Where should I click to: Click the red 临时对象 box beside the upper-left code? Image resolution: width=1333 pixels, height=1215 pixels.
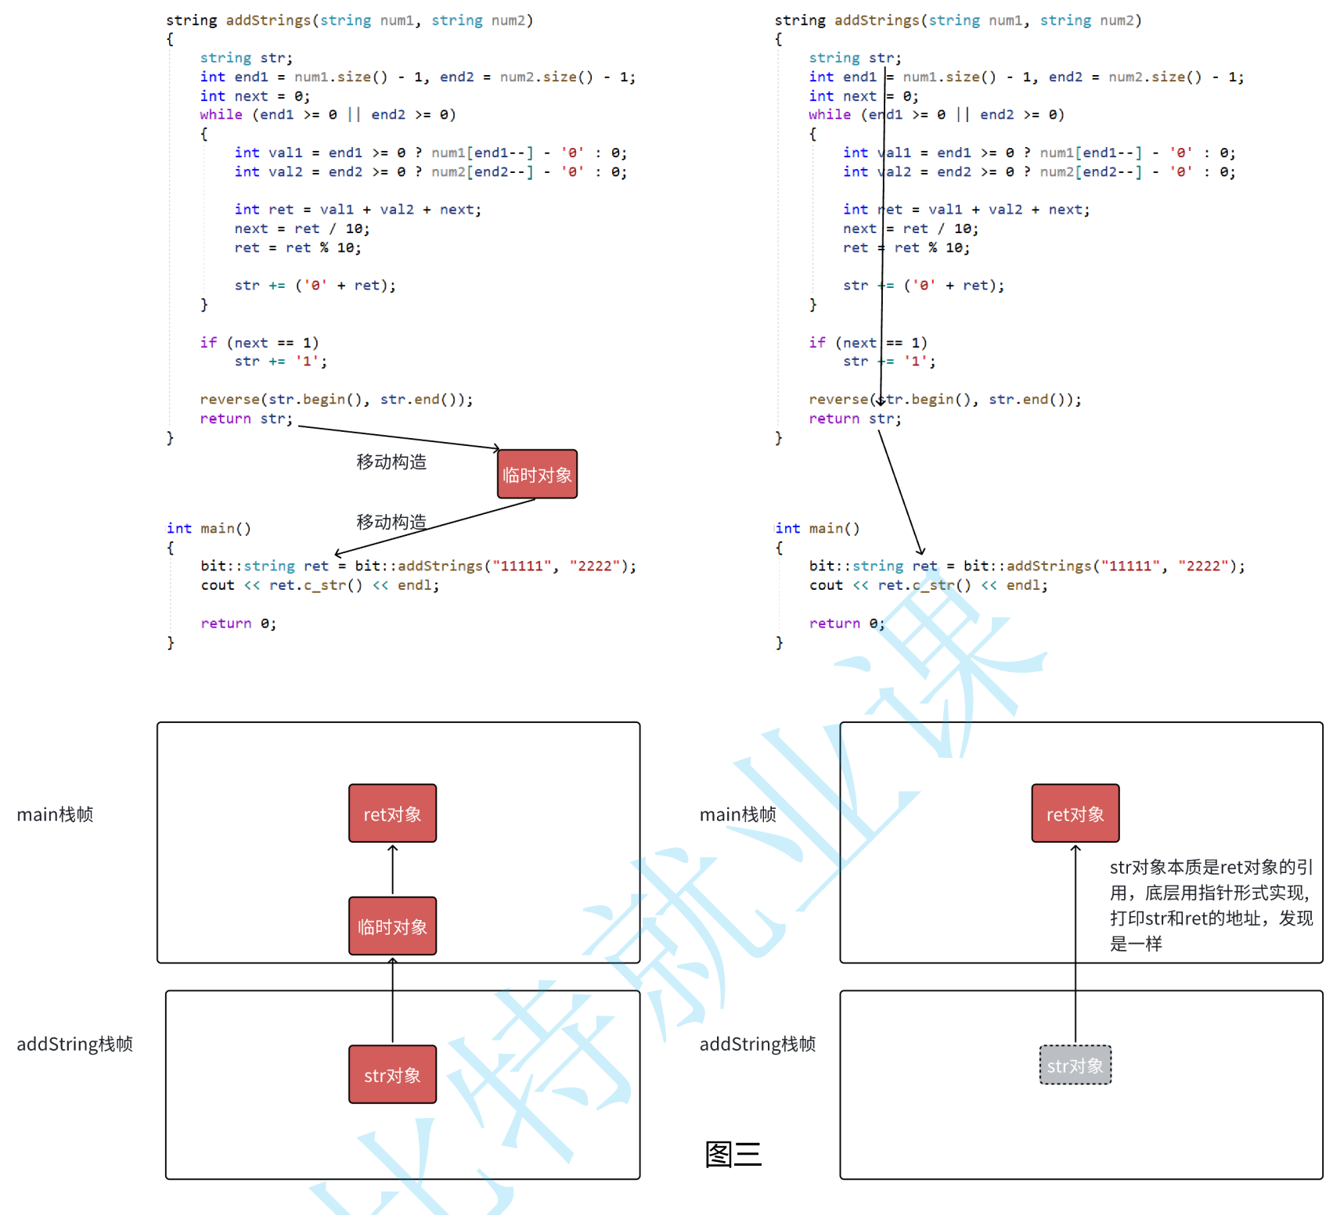pos(537,474)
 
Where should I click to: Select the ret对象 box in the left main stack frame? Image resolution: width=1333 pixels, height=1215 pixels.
pos(392,814)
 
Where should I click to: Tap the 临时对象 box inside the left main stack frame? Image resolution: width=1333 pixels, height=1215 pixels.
pos(392,926)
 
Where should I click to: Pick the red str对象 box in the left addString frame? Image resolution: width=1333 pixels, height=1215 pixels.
pos(392,1075)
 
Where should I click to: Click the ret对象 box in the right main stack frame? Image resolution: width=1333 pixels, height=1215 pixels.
pos(1075,814)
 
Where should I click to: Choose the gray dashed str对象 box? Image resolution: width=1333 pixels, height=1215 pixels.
pos(1075,1066)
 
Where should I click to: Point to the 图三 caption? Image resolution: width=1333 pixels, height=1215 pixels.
pos(733,1154)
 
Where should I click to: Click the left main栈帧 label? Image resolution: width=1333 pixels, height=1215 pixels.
pos(55,814)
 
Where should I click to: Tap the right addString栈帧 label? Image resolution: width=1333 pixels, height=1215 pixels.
pos(758,1044)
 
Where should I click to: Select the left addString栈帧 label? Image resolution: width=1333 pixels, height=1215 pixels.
pos(75,1044)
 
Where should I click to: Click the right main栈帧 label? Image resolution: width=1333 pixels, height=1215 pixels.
pos(738,814)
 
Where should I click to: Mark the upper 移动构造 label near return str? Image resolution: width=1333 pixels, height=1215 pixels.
pos(391,462)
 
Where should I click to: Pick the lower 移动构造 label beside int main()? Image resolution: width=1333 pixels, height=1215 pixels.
pos(391,522)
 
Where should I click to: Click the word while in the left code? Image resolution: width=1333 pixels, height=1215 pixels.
pos(221,115)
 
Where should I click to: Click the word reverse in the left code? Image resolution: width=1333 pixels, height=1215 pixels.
pos(229,400)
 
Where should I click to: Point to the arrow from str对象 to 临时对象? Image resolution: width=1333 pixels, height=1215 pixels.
pos(393,1001)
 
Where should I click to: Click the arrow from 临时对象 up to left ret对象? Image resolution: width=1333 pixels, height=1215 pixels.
pos(393,870)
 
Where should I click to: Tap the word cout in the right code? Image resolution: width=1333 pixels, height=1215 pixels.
pos(826,585)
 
